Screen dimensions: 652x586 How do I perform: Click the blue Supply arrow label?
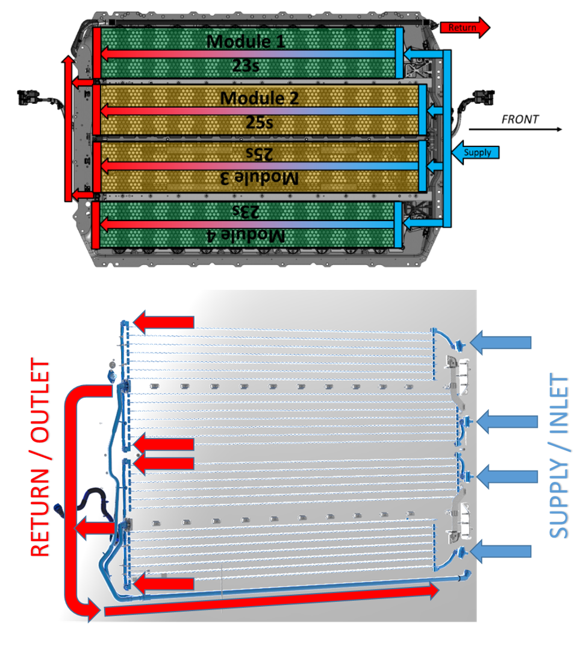(x=475, y=152)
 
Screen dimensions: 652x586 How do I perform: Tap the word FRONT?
(x=520, y=119)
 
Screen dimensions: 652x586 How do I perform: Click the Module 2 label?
(x=259, y=98)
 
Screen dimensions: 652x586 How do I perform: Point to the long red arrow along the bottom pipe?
(x=271, y=601)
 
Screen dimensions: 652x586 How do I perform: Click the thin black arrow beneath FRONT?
(x=516, y=129)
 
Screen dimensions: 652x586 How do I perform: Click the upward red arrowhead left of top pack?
(x=69, y=64)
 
